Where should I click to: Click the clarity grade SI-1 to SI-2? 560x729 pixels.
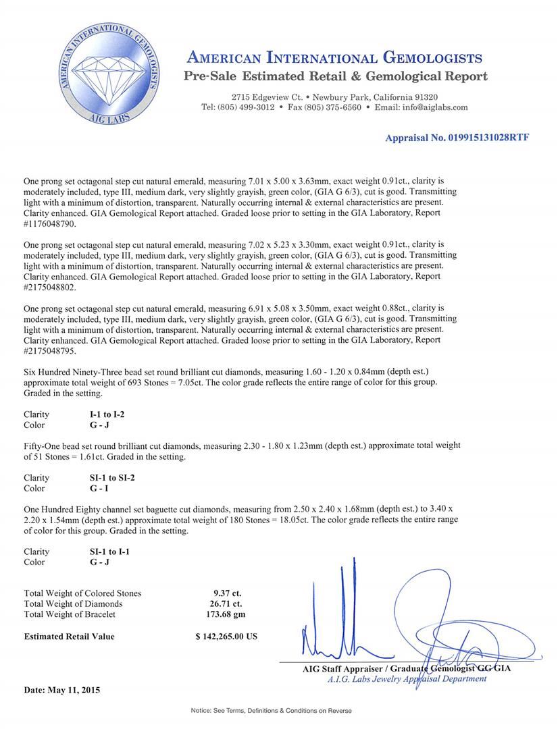point(101,478)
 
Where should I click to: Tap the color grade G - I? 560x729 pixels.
point(90,488)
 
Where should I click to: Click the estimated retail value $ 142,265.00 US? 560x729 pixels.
point(226,636)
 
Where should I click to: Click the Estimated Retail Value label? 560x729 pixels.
point(69,636)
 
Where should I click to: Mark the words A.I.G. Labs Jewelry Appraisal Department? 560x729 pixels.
point(406,678)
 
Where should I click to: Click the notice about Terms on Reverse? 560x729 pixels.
point(271,711)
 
